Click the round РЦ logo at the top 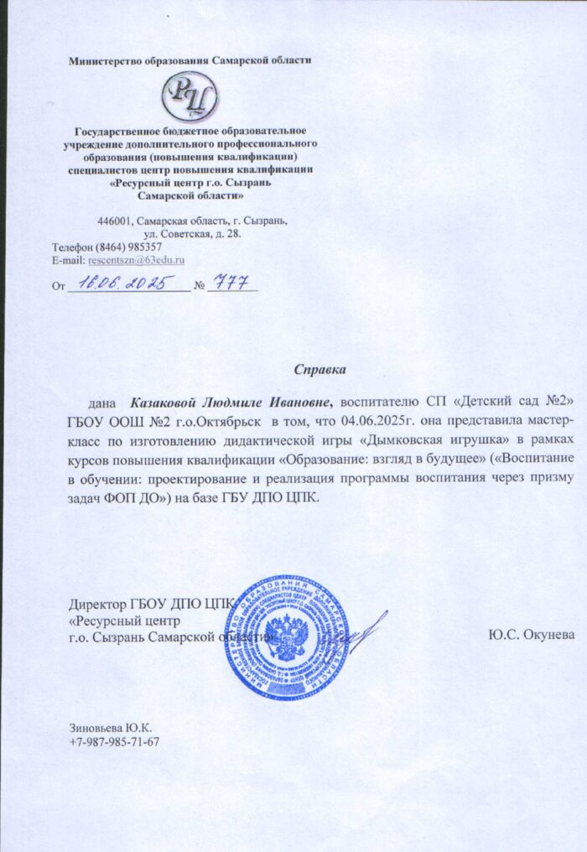coord(190,95)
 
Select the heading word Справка coord(319,368)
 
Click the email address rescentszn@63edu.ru coord(136,261)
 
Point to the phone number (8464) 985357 coord(129,247)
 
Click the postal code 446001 coord(115,221)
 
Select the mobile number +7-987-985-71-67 coord(114,742)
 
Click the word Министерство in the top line coord(107,60)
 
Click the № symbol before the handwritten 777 coord(199,286)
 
